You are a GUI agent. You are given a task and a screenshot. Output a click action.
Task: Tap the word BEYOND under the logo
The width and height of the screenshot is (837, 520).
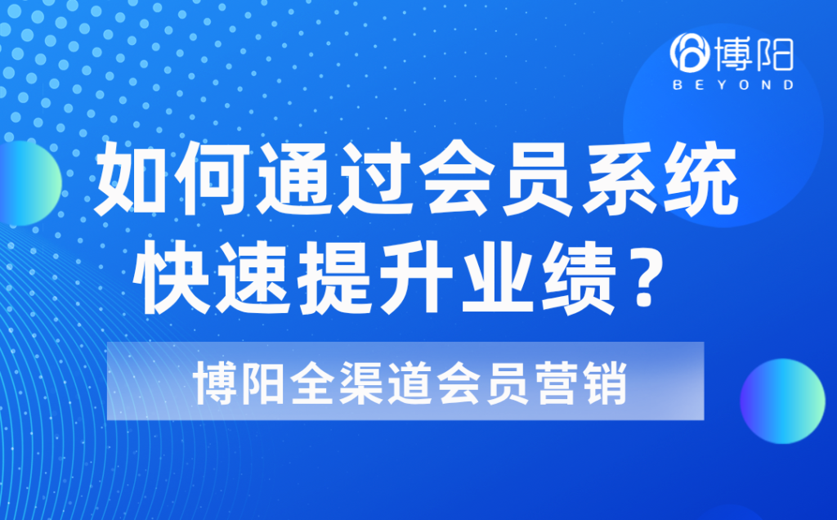click(732, 84)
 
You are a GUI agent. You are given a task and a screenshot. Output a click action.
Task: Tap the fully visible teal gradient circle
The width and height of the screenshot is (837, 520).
click(782, 401)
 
